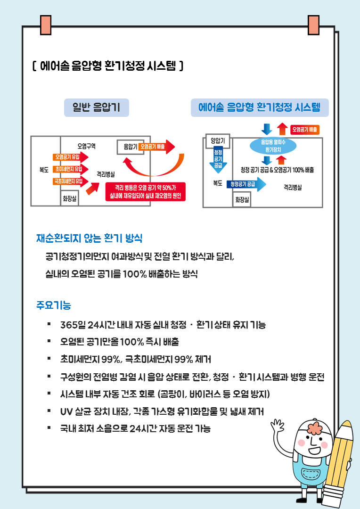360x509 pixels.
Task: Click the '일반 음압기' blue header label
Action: click(x=96, y=108)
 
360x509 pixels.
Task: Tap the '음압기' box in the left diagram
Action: click(x=127, y=147)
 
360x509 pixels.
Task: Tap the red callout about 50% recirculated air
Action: click(x=146, y=192)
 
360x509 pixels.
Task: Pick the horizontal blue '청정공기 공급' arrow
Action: click(x=245, y=184)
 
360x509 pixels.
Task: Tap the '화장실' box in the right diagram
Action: click(x=242, y=199)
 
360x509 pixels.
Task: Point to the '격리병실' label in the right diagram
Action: click(x=293, y=187)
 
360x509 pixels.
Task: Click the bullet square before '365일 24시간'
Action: click(x=49, y=325)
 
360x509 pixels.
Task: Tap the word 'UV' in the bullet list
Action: click(x=66, y=411)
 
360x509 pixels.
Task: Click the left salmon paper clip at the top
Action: click(x=46, y=25)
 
